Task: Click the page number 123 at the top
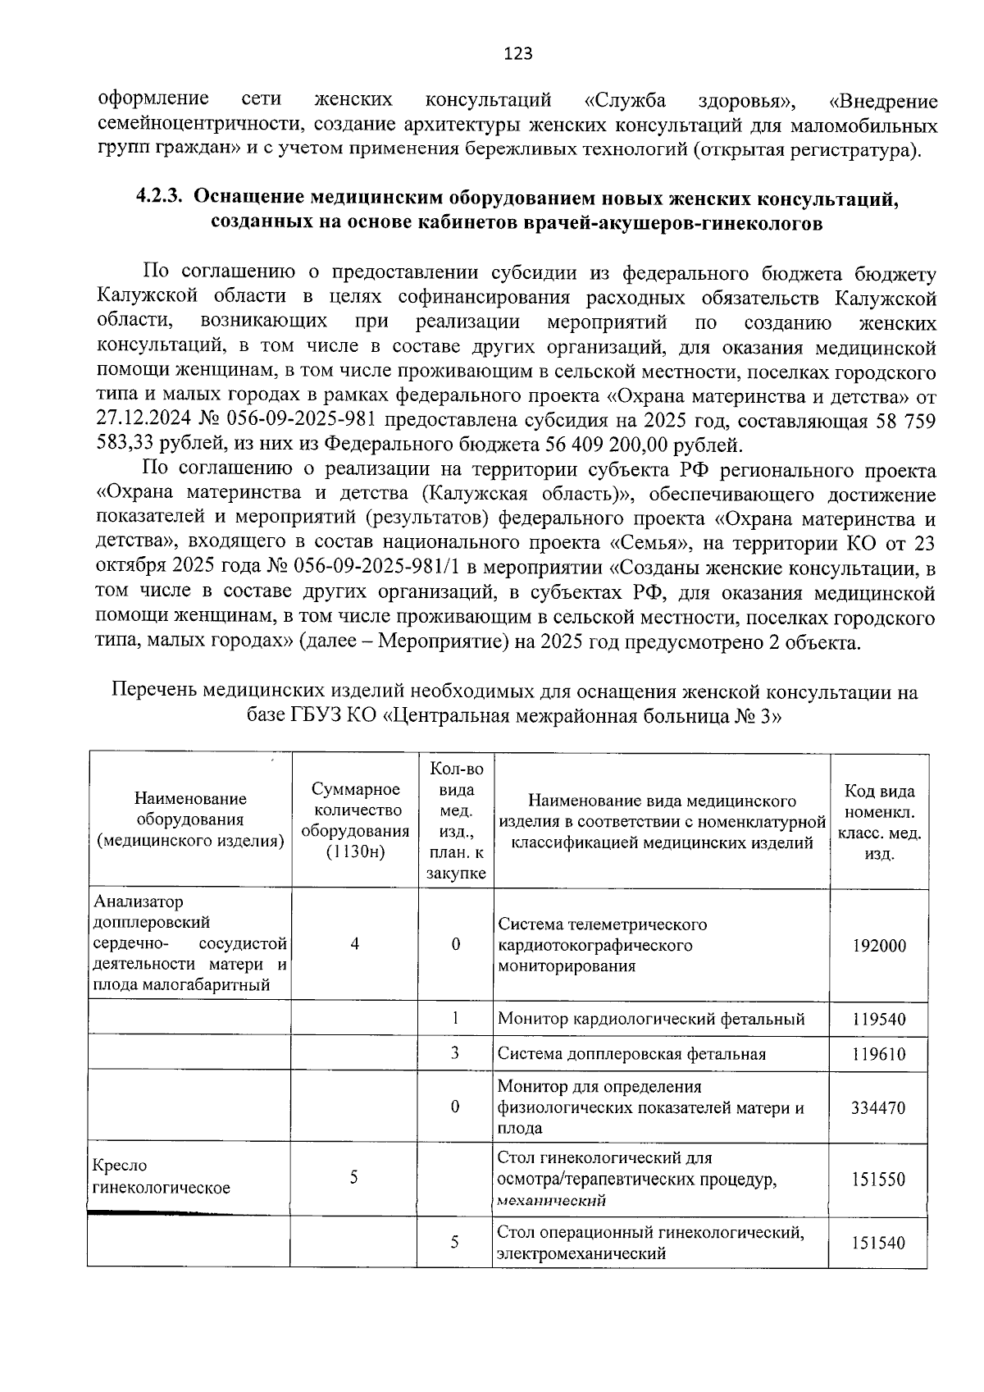pos(517,54)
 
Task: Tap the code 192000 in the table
pos(879,946)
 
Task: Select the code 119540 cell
pos(879,1020)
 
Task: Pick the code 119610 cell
pos(879,1054)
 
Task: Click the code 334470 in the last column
pos(879,1107)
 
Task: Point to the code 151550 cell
pos(879,1180)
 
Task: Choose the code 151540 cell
pos(879,1243)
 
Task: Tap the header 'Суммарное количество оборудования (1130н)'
pos(355,820)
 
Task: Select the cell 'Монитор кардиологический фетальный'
pos(651,1020)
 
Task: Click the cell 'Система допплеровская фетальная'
pos(631,1054)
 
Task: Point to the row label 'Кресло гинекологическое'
pos(162,1176)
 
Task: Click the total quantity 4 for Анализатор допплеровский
pos(355,944)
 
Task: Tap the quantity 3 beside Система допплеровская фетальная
pos(454,1052)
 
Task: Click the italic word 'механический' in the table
pos(551,1201)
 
